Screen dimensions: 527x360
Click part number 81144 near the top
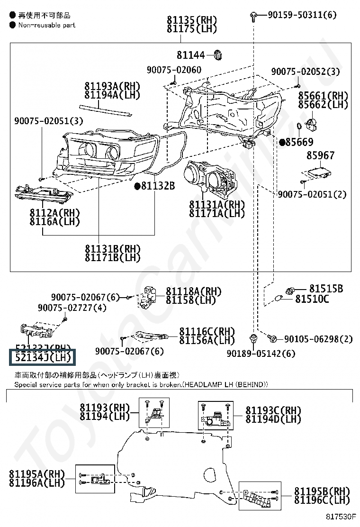(191, 55)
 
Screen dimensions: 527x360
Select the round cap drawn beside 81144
(218, 55)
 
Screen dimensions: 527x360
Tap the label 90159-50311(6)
(302, 15)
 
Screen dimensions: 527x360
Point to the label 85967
(320, 155)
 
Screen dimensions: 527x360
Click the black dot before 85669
(282, 142)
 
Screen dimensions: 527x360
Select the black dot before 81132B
(137, 186)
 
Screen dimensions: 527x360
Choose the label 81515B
(326, 289)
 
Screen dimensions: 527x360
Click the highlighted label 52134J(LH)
(42, 357)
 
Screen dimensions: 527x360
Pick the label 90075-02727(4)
(72, 308)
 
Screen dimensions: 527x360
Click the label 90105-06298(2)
(318, 339)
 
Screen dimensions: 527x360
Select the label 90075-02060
(173, 70)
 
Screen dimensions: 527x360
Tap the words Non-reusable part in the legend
(47, 25)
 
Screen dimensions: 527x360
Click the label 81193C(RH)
(273, 410)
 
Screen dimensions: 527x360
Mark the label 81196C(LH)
(322, 500)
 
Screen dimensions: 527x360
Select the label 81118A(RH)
(194, 291)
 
